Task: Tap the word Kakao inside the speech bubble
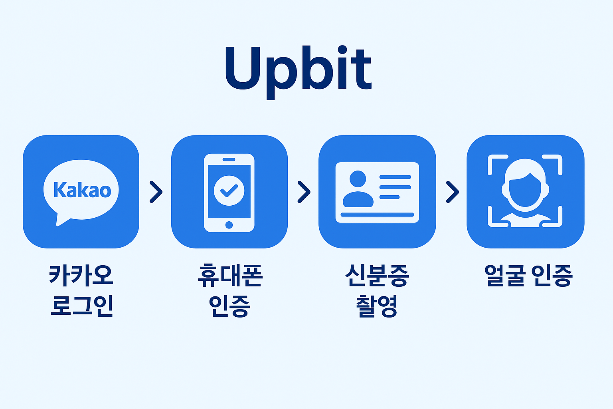tap(82, 190)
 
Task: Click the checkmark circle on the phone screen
tap(229, 191)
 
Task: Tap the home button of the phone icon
tap(229, 225)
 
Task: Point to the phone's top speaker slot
tap(229, 159)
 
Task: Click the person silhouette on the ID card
tap(358, 190)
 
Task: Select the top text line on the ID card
tap(395, 177)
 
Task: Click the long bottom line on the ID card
tap(377, 215)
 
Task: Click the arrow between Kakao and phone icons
tap(156, 192)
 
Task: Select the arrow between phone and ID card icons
tap(304, 192)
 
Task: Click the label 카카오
tap(81, 275)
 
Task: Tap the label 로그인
tap(81, 306)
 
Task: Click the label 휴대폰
tap(229, 275)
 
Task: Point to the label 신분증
tap(377, 275)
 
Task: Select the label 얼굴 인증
tap(528, 275)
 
